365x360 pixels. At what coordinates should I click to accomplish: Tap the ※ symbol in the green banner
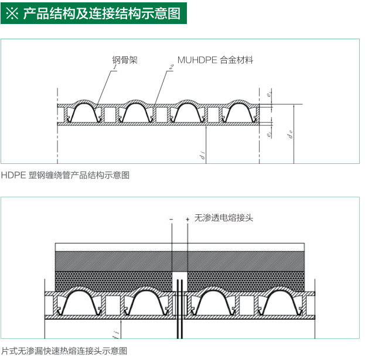tap(13, 13)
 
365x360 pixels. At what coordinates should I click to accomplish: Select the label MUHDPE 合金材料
tap(216, 60)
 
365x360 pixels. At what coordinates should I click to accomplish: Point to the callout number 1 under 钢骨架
tap(114, 68)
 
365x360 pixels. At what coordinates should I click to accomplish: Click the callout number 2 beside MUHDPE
tap(170, 68)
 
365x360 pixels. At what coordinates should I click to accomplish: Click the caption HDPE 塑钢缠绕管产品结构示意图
tap(65, 174)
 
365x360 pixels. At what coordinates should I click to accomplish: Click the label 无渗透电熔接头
tap(224, 218)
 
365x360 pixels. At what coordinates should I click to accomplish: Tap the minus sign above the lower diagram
tap(171, 219)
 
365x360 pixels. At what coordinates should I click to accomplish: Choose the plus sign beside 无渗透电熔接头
tap(187, 219)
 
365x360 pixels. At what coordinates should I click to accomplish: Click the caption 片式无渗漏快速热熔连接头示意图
tap(64, 351)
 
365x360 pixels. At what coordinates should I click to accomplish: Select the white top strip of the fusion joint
tap(180, 246)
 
